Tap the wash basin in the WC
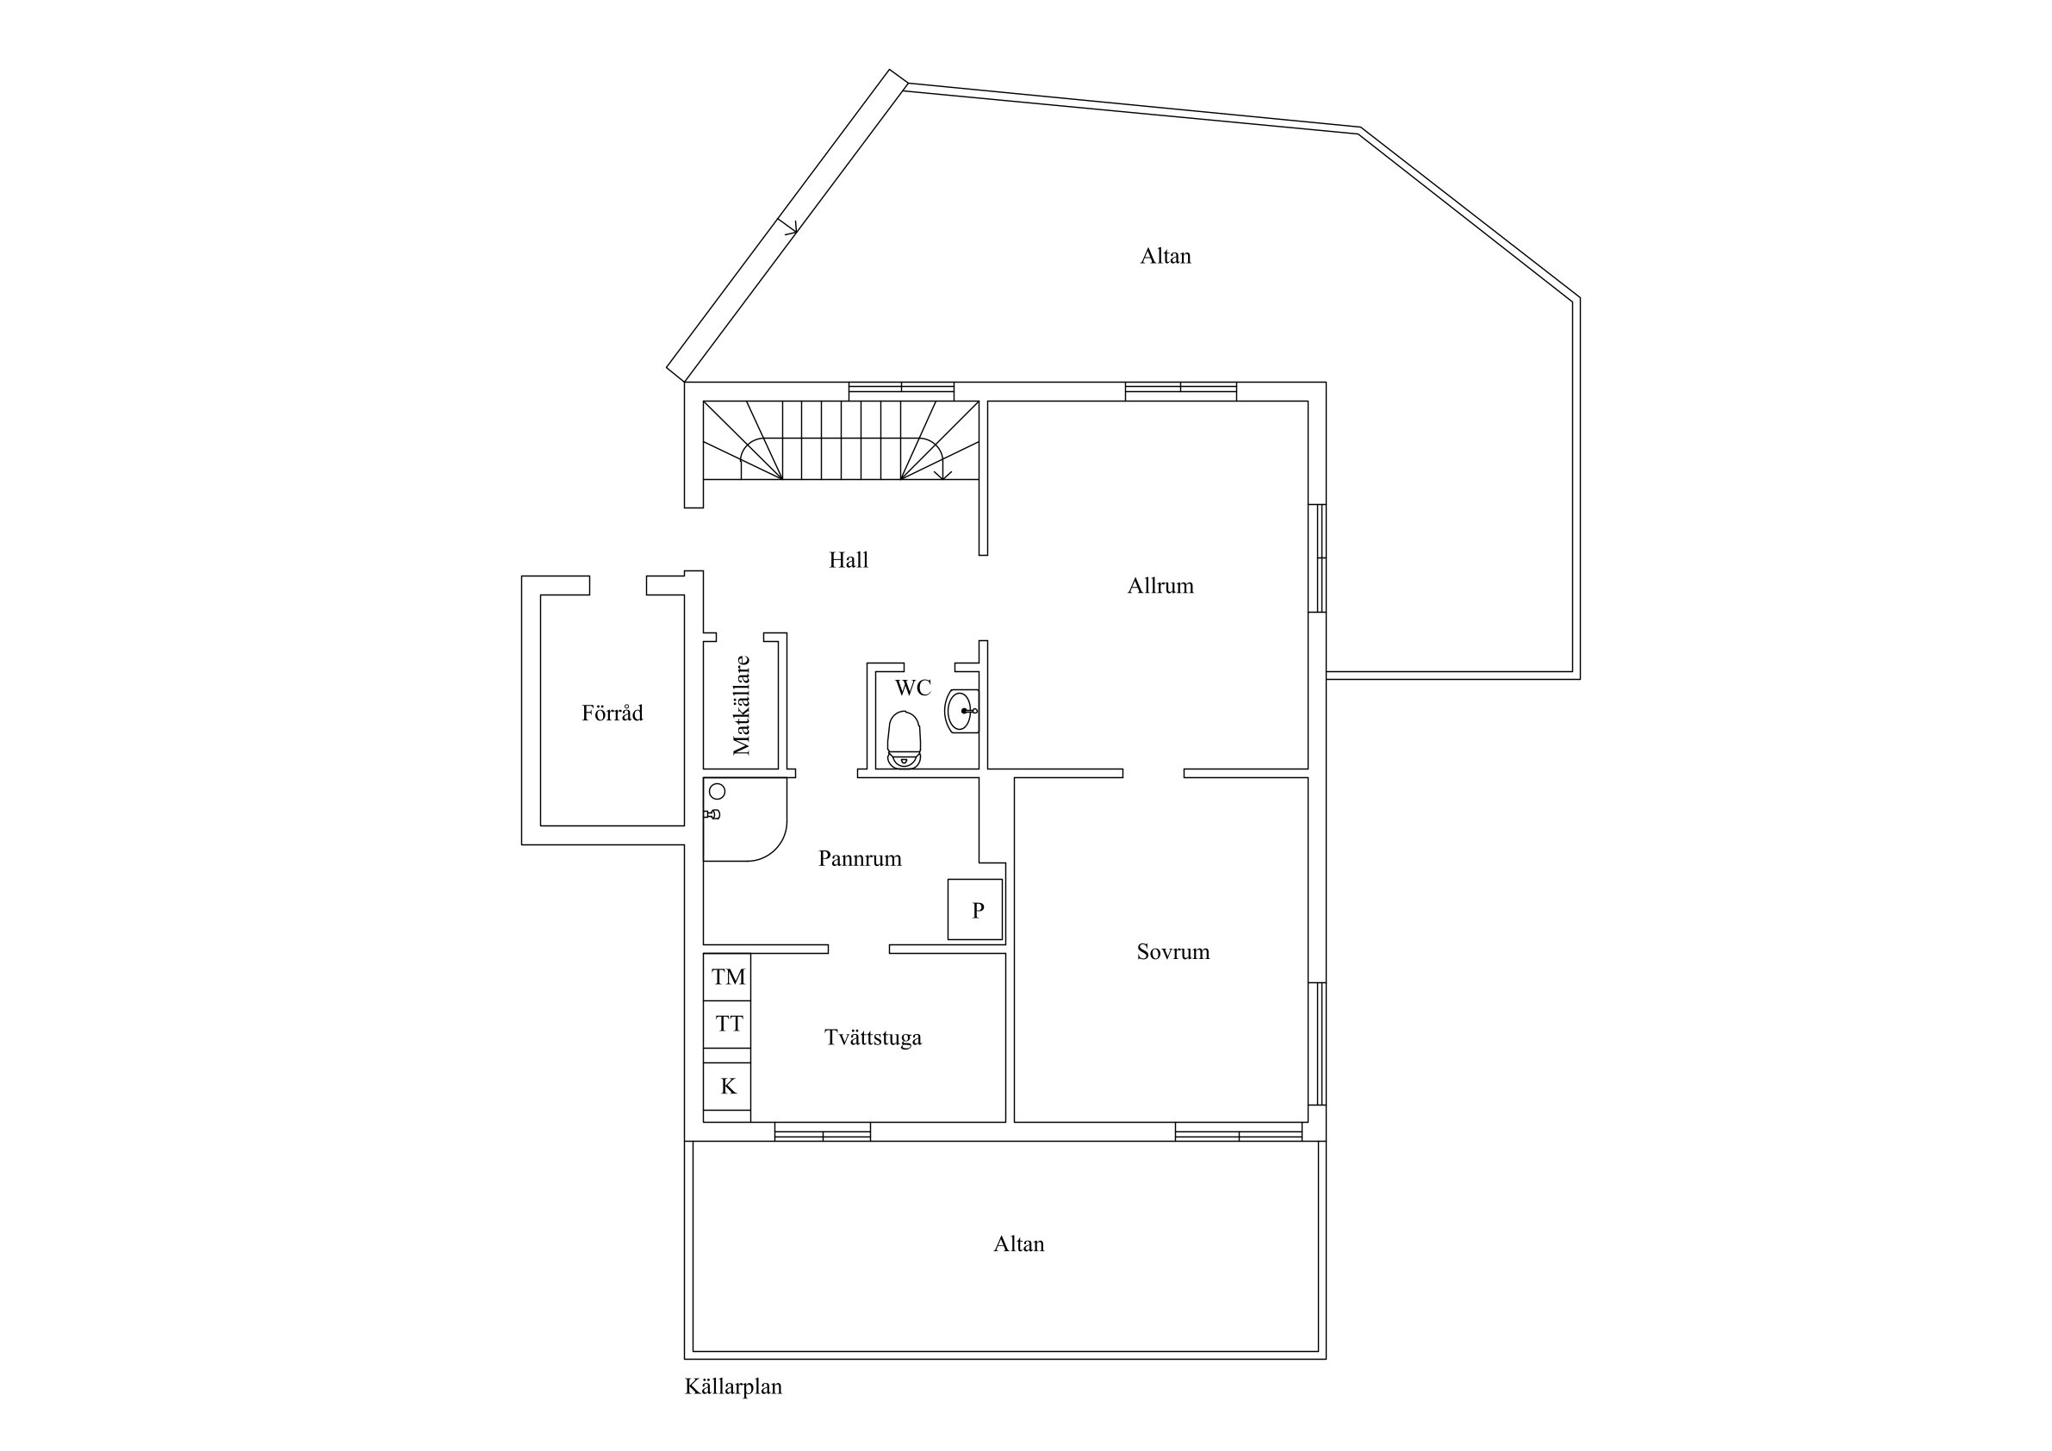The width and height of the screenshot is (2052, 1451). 961,712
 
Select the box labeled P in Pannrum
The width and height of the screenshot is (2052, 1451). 975,909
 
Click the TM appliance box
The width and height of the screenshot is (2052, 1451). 727,977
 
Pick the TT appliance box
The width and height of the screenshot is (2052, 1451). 727,1024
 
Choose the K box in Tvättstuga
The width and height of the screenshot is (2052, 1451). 727,1087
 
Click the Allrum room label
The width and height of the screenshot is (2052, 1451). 1160,586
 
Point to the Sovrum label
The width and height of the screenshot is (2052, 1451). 1172,951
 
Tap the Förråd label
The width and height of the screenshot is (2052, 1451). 612,713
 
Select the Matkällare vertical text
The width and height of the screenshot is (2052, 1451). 741,706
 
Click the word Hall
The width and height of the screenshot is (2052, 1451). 849,560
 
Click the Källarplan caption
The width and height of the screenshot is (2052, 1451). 733,1386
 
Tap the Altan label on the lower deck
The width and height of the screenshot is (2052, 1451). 1018,1243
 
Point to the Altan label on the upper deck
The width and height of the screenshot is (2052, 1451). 1165,256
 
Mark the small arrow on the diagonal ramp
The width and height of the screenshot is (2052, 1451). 788,227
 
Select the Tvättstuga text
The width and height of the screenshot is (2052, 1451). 873,1037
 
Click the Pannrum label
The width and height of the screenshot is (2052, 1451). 860,858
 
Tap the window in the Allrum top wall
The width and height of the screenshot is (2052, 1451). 1180,390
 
